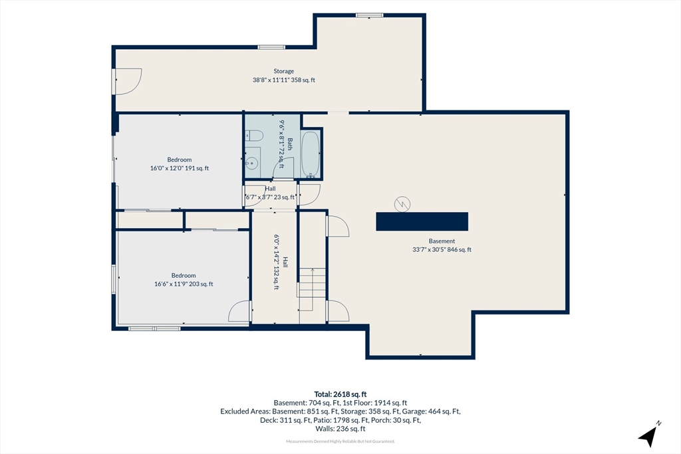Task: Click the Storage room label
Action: (x=283, y=71)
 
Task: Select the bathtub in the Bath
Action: (x=311, y=154)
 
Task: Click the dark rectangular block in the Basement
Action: (x=422, y=221)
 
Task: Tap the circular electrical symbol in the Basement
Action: (x=402, y=204)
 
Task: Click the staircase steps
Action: (x=311, y=283)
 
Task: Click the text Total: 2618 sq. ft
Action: (x=340, y=395)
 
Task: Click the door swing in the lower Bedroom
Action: (x=239, y=311)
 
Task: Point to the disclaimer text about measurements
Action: (x=340, y=441)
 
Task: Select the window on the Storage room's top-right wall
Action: (x=370, y=15)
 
